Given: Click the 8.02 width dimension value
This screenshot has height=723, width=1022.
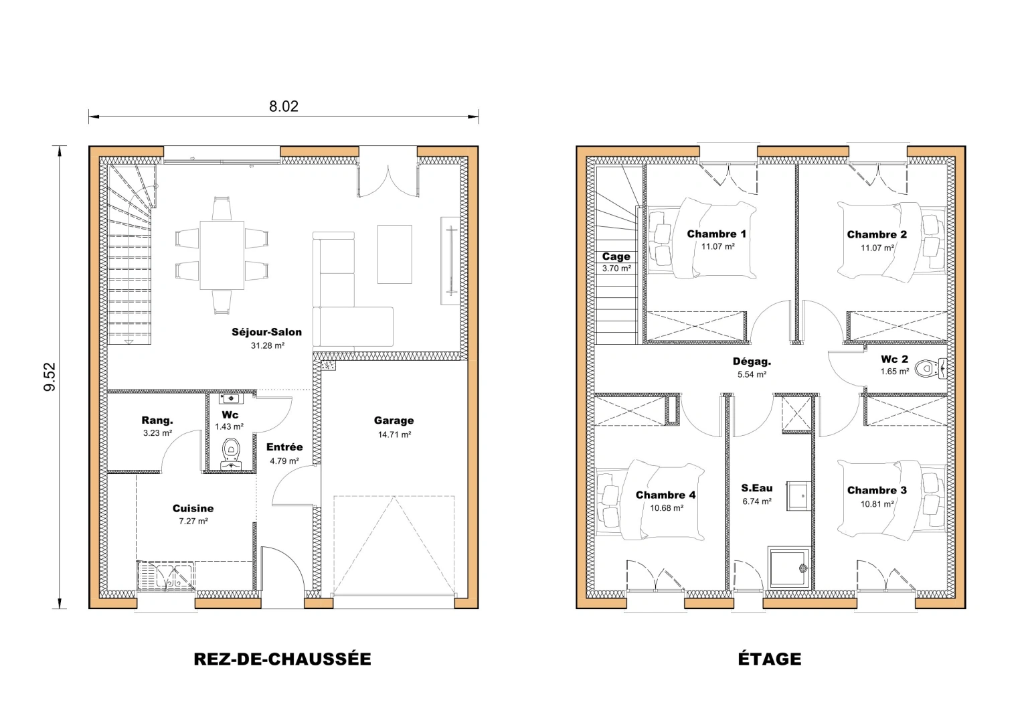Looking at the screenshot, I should [x=283, y=106].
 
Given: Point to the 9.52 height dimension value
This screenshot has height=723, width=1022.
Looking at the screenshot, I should [x=50, y=378].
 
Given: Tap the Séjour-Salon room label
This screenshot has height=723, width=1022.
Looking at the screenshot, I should [x=266, y=332].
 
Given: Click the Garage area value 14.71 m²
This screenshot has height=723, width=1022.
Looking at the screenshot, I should [x=394, y=434].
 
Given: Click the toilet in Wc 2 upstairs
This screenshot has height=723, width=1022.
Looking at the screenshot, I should [x=926, y=367].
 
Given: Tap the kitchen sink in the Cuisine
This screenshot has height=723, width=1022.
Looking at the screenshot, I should [x=165, y=576].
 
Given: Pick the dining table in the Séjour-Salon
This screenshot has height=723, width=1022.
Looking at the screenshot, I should [x=222, y=254].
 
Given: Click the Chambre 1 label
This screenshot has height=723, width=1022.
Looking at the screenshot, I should [x=716, y=234].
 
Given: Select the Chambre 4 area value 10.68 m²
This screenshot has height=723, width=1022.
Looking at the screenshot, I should [x=666, y=508].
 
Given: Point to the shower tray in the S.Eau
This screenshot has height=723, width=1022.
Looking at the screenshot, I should [x=790, y=569].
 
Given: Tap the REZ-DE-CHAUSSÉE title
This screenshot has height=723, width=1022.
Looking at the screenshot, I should [x=282, y=659].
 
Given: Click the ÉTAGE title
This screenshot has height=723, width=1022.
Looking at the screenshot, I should [x=770, y=659].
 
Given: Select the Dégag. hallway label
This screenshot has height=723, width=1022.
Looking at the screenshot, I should [x=752, y=361].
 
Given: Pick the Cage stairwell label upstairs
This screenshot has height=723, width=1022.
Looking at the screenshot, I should [x=616, y=256].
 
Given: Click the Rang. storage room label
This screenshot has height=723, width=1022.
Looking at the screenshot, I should [x=157, y=420].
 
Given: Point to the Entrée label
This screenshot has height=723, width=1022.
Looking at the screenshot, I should [x=284, y=447].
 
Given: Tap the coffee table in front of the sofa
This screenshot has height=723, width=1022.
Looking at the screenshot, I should [x=394, y=254].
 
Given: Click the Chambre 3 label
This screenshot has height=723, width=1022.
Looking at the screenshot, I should [x=877, y=491].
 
